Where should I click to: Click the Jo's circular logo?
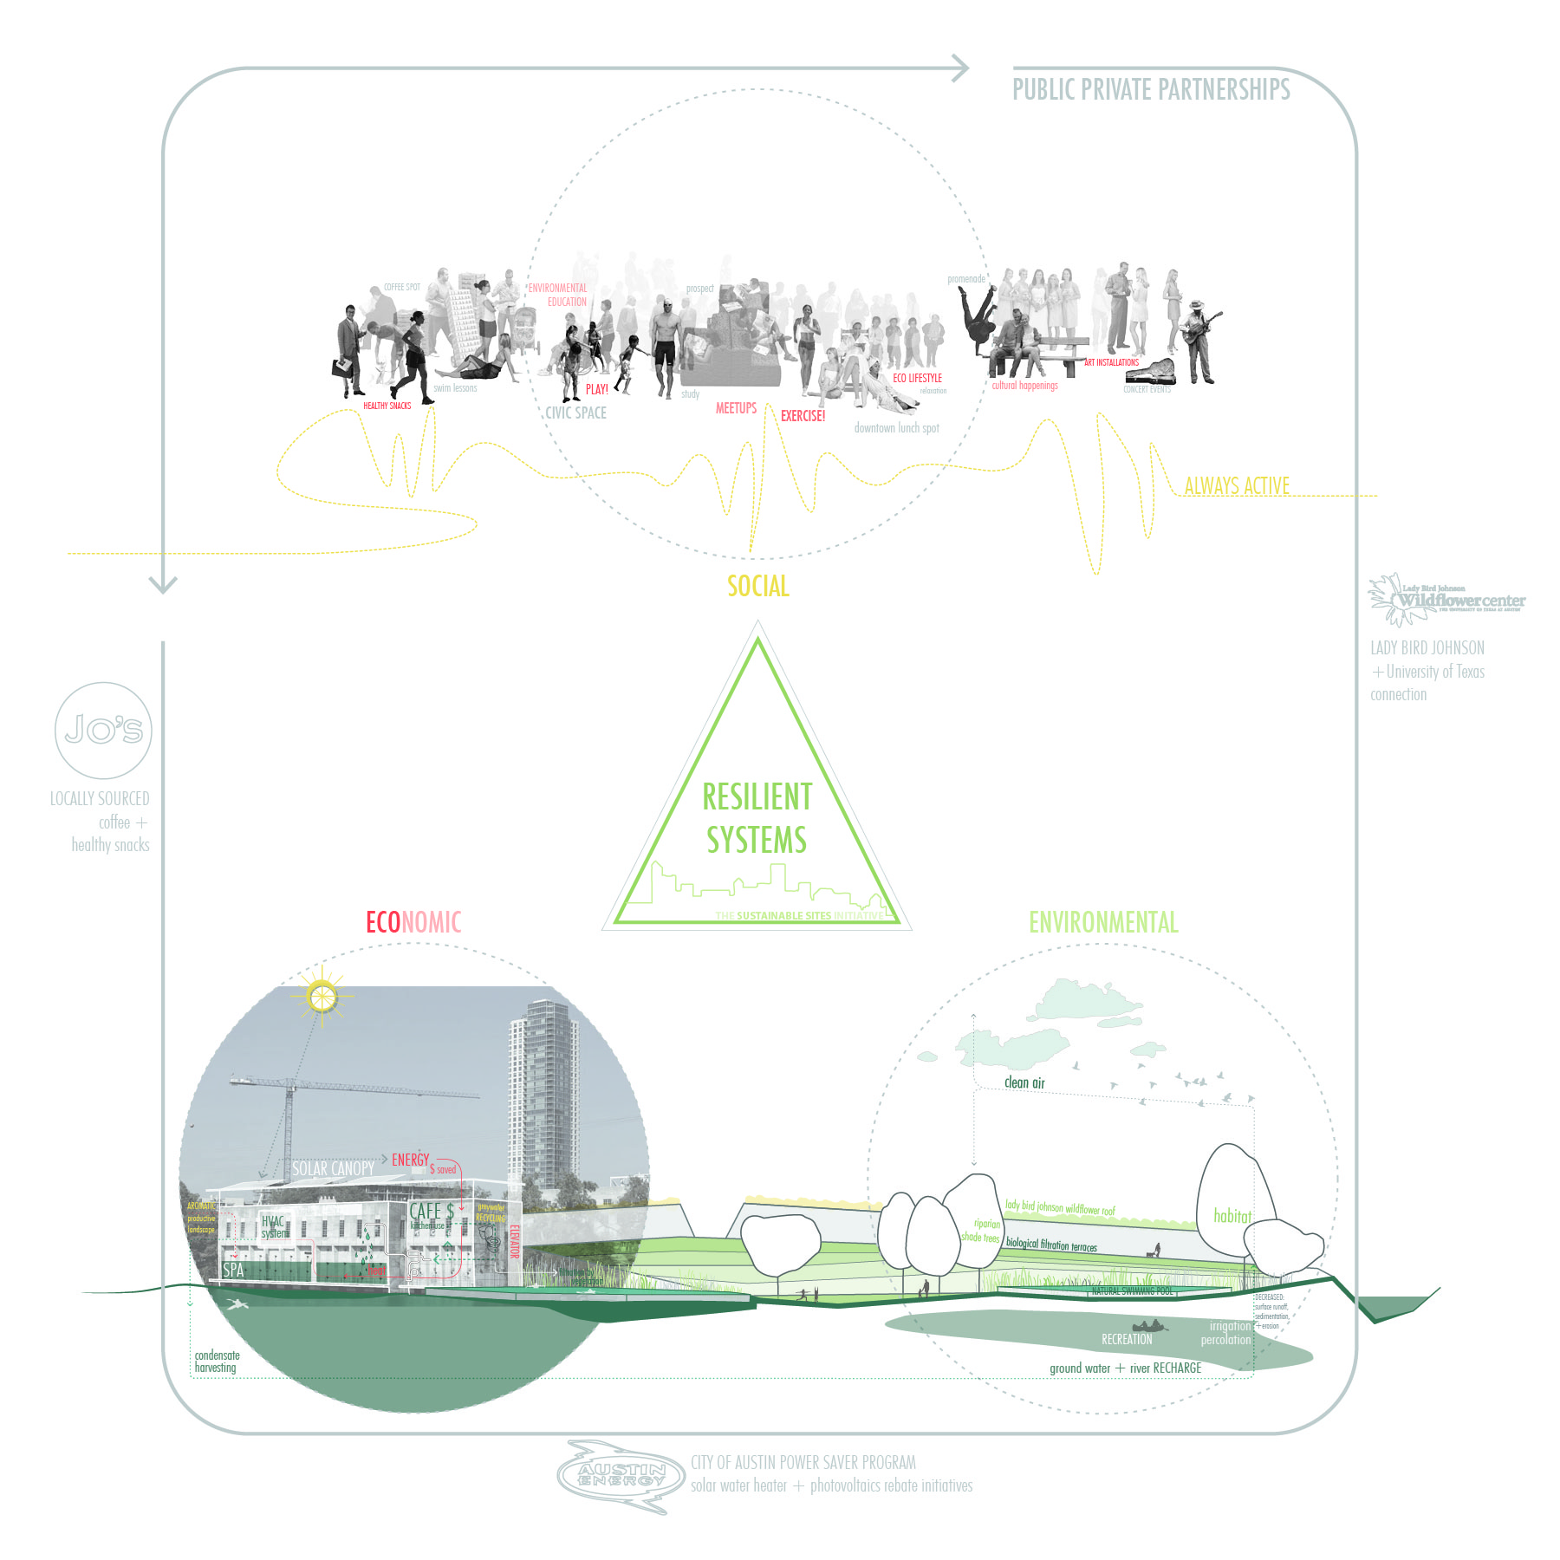click(103, 730)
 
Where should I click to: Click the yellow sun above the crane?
click(322, 996)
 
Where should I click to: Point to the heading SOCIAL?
click(758, 587)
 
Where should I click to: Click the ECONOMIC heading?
click(413, 922)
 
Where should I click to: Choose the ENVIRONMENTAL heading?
click(1103, 922)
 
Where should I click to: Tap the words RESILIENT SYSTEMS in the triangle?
click(757, 818)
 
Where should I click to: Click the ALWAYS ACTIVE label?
click(1237, 486)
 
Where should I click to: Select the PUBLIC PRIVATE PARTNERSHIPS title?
click(1151, 90)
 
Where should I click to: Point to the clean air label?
click(1024, 1082)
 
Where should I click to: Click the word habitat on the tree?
click(1232, 1216)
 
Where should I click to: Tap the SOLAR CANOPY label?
click(333, 1169)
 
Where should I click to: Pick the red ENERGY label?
click(410, 1160)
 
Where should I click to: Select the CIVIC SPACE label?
click(575, 413)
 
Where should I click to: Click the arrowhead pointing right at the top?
click(959, 68)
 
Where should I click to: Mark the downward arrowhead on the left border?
click(163, 584)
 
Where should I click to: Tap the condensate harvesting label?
click(217, 1362)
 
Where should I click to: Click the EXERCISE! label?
click(803, 417)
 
